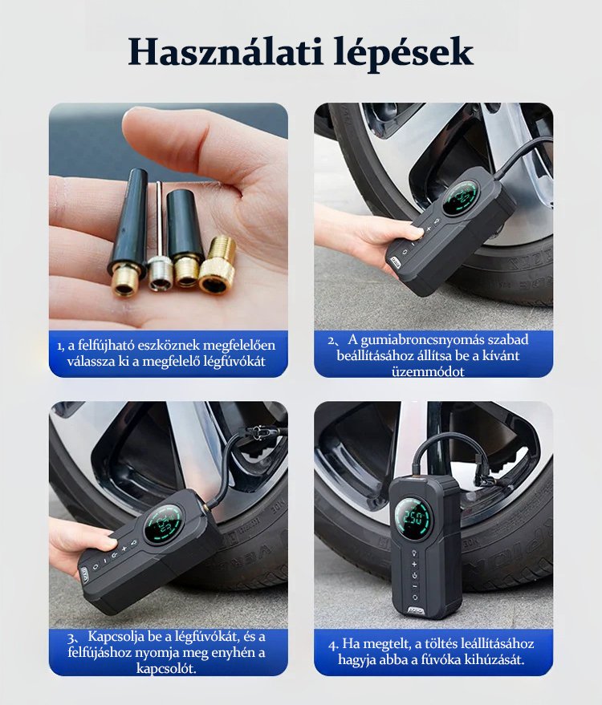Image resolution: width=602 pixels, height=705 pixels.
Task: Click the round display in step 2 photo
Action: pos(460,198)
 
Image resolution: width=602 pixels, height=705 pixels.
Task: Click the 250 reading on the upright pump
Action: pos(412,517)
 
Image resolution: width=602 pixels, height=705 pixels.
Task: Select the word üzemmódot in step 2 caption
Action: pos(428,372)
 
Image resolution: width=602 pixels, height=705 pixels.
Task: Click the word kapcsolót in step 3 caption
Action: pos(166,668)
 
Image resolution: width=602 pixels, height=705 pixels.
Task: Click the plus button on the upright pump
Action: pos(414,565)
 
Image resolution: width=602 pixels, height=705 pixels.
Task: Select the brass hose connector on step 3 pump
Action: pos(206,508)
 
